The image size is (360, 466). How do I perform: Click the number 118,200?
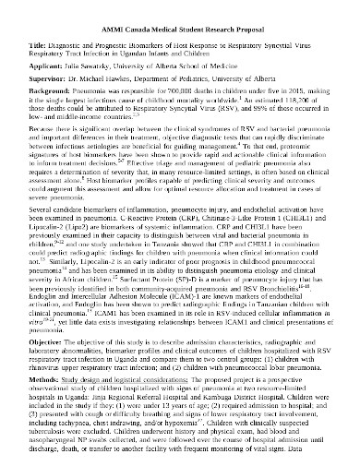(x=276, y=105)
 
